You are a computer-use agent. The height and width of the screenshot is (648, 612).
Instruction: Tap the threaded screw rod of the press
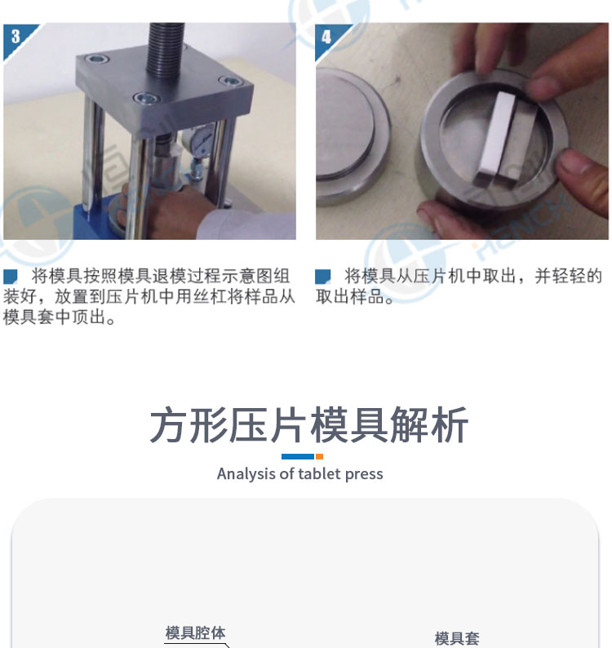click(x=166, y=50)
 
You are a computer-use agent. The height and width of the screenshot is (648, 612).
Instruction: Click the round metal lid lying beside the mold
click(x=350, y=136)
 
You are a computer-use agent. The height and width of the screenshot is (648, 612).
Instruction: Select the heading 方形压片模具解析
click(x=308, y=425)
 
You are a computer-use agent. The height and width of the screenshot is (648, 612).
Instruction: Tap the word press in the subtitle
click(x=364, y=474)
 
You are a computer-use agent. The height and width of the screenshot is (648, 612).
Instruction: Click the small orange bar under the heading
click(x=319, y=457)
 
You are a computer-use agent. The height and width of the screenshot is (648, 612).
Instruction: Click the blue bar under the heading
click(x=298, y=457)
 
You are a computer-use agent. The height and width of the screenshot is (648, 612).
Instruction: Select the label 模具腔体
click(x=195, y=632)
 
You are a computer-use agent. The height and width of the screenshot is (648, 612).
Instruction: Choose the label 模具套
click(x=457, y=638)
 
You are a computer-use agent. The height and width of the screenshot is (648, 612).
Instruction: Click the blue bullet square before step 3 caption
click(x=10, y=277)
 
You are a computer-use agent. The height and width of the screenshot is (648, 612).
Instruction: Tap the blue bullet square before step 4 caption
click(x=322, y=277)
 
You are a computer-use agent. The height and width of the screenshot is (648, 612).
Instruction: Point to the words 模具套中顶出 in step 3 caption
click(x=54, y=317)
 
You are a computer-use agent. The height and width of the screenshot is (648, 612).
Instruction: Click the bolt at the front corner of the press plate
click(x=146, y=99)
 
